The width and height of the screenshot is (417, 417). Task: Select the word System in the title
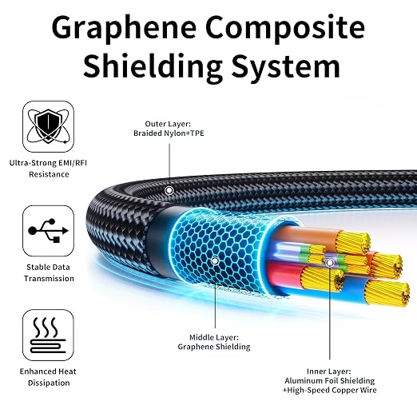click(286, 66)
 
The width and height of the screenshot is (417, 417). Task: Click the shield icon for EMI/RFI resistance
click(48, 126)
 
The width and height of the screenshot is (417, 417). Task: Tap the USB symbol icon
click(48, 231)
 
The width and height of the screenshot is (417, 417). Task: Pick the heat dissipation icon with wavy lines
click(48, 335)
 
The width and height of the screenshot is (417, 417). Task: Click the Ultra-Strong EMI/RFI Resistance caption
click(48, 169)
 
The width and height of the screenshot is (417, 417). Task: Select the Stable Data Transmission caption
click(49, 272)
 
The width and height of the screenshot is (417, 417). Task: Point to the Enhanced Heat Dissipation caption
click(48, 377)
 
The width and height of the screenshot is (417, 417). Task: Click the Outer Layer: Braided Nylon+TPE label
click(169, 129)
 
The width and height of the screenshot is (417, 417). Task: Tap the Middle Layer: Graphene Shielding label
click(214, 342)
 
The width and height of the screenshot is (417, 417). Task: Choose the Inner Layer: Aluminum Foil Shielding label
click(330, 380)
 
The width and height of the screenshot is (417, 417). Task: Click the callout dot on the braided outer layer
click(169, 190)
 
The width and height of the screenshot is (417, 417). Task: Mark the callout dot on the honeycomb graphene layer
click(215, 261)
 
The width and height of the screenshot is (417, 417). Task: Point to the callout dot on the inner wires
click(330, 263)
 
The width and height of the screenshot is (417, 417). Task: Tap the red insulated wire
click(285, 274)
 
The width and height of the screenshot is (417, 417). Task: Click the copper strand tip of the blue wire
click(387, 294)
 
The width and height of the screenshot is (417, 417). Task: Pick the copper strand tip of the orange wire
click(353, 243)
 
